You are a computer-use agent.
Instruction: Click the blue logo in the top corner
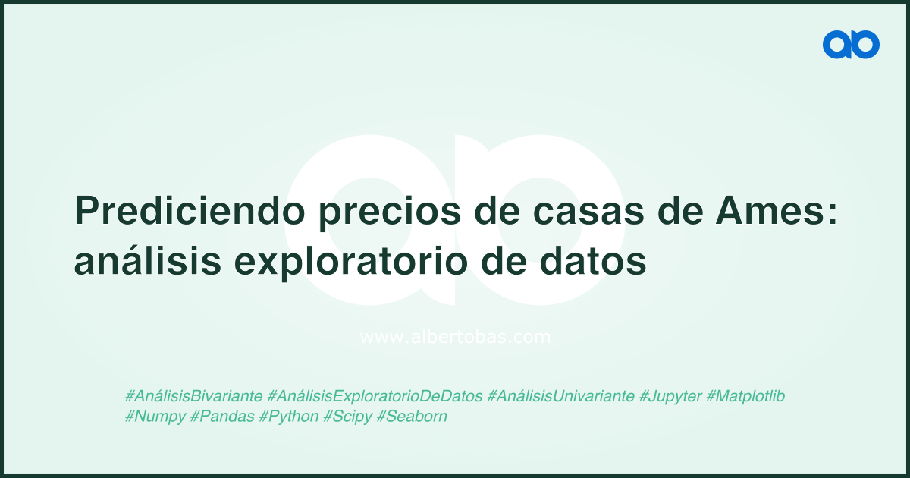[851, 45]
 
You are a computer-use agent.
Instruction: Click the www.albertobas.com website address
[455, 337]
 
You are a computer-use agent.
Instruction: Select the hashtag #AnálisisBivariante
[194, 396]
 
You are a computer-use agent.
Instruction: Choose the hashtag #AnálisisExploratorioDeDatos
[375, 396]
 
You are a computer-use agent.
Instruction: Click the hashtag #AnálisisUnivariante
[560, 396]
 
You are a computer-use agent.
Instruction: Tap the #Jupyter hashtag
[670, 396]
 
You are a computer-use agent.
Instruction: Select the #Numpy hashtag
[155, 417]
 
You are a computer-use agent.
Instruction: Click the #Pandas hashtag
[222, 417]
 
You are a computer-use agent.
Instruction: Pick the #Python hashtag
[289, 417]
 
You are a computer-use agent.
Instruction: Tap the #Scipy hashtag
[347, 417]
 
